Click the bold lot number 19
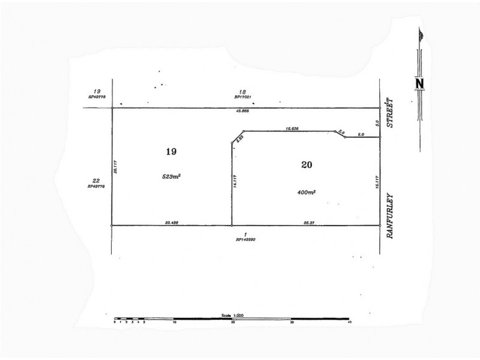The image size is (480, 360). (x=171, y=152)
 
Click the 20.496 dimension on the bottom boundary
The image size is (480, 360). (x=172, y=222)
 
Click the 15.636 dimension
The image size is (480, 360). (x=293, y=128)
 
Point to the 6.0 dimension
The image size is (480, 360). (x=361, y=134)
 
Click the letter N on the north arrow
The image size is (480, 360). (x=420, y=83)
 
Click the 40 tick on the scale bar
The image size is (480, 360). (x=349, y=322)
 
